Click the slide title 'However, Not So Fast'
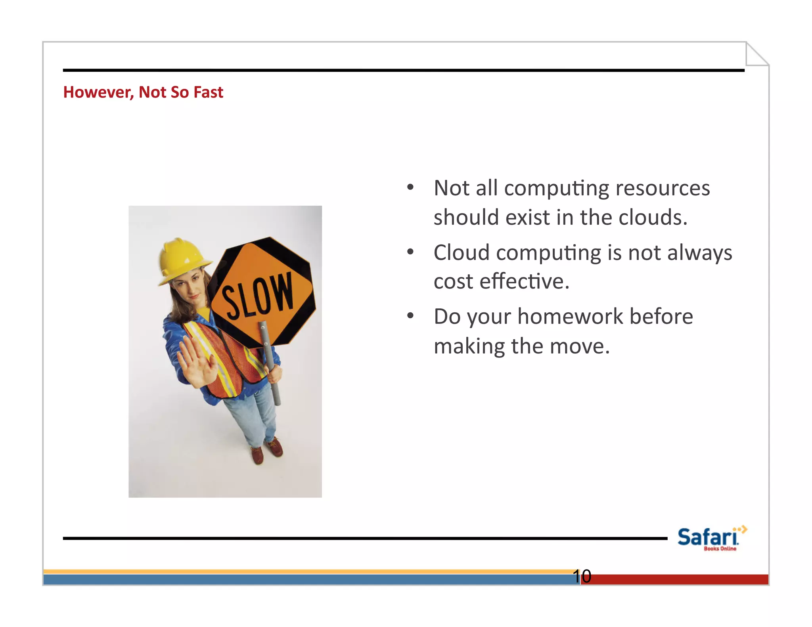[143, 92]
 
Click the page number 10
[582, 576]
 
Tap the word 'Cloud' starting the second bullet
[462, 253]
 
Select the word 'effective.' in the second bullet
[524, 282]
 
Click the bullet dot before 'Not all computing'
[410, 187]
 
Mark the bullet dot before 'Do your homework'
[410, 315]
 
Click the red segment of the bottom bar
[674, 579]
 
